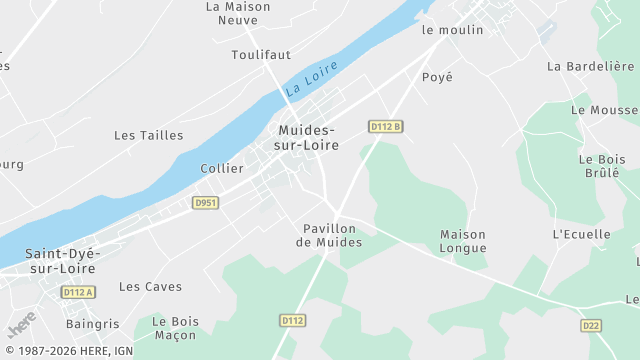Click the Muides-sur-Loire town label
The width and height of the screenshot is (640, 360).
(x=307, y=138)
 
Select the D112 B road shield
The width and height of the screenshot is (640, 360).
(x=385, y=127)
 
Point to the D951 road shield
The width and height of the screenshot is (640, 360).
(x=205, y=202)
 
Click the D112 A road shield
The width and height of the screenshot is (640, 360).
(x=77, y=292)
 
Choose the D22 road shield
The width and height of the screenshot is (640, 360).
(x=591, y=326)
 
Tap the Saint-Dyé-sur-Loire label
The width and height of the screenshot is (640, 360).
(x=61, y=261)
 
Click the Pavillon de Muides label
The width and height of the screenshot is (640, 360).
(x=328, y=235)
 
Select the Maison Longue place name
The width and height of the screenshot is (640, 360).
(x=463, y=241)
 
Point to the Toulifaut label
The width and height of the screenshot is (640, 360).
(x=261, y=55)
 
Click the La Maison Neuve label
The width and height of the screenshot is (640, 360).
(x=238, y=12)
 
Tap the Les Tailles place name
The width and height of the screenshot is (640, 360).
(x=148, y=135)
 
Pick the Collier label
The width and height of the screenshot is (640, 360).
(x=222, y=168)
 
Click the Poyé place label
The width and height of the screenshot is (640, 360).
(x=437, y=77)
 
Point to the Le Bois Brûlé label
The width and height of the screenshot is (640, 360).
(x=601, y=165)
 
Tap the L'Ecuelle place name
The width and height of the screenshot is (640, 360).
(x=581, y=234)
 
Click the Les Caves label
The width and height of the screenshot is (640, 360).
(x=150, y=286)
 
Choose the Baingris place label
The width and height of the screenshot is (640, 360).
(x=92, y=324)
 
